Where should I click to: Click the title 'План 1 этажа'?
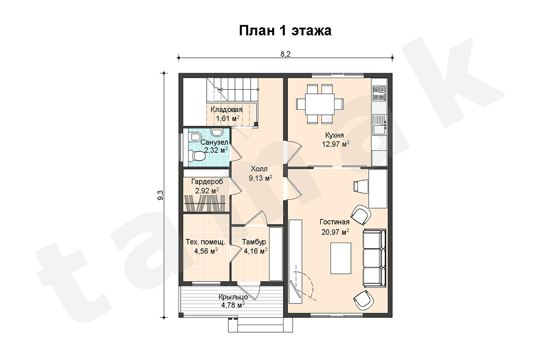[285, 31]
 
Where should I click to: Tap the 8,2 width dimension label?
[286, 54]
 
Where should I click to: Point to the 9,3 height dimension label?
[160, 195]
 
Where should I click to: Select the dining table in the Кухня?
[320, 104]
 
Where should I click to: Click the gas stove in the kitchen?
[379, 93]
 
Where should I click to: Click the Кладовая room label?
[227, 109]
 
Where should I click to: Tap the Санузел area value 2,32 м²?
[216, 150]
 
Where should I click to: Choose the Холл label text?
[259, 168]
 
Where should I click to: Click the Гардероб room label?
[207, 181]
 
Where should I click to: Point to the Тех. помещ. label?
[205, 242]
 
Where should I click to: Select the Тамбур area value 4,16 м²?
[256, 251]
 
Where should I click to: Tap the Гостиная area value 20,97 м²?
[335, 232]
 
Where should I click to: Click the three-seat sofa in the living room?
[374, 258]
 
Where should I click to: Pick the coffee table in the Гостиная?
[340, 258]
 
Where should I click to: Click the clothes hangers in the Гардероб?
[205, 203]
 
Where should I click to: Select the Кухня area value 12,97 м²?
[335, 144]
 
